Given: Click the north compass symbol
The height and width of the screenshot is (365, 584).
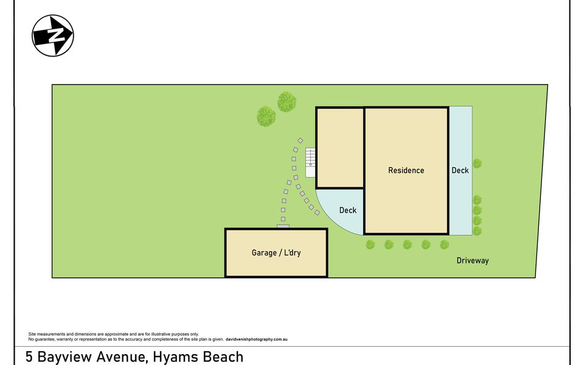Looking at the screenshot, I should pos(53,36).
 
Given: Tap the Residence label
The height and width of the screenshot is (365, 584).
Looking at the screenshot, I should pos(406,170).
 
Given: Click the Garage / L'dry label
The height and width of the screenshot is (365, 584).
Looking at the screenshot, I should pos(276,253).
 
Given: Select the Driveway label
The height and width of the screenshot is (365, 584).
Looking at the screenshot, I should pos(473,260).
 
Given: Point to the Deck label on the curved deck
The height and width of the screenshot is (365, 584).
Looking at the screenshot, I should pos(348,210).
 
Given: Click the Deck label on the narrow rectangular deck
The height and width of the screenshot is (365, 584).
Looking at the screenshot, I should pos(460,170).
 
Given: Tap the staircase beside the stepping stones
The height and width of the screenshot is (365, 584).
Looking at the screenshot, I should pos(310,162).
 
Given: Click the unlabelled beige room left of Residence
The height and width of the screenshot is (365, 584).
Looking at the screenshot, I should pos(340,148).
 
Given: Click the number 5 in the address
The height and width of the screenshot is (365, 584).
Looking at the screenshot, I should pos(29,357).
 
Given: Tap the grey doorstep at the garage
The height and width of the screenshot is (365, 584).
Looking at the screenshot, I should pos(283,226).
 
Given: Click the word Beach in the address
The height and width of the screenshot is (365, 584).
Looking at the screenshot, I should pos(222,357).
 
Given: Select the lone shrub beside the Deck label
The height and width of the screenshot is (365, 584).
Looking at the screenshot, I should pos(478,163).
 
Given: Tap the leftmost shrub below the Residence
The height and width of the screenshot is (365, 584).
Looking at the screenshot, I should pos(370,245).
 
